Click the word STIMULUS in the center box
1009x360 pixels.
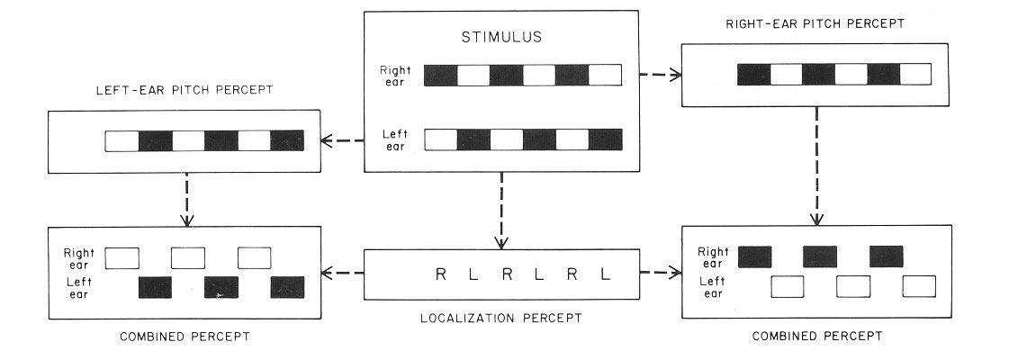click(x=500, y=40)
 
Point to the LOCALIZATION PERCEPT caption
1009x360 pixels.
click(x=501, y=318)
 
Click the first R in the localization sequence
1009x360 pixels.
click(x=440, y=274)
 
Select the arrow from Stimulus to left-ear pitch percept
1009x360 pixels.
click(x=341, y=140)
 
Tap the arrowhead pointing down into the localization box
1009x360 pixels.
click(x=501, y=241)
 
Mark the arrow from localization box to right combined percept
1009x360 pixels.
click(x=660, y=274)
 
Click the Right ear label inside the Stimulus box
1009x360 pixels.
click(x=395, y=75)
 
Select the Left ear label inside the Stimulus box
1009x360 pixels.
click(x=394, y=140)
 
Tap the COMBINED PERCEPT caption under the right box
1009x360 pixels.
click(x=816, y=336)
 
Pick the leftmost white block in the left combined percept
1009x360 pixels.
click(x=122, y=258)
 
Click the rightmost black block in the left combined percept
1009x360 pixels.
click(x=288, y=287)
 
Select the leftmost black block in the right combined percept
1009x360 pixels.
click(x=754, y=257)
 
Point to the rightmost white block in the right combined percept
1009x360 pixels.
click(x=920, y=287)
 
